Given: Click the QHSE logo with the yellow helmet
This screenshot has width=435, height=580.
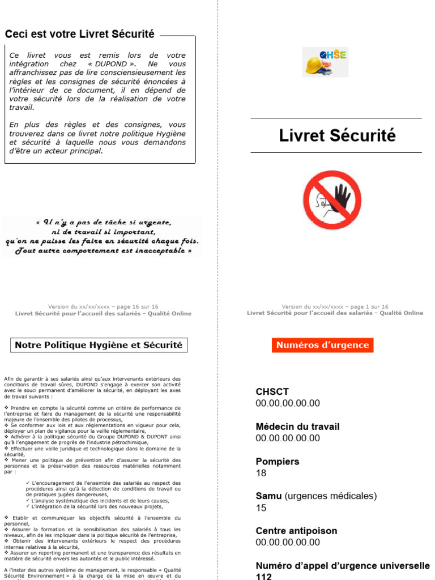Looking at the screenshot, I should (x=325, y=62).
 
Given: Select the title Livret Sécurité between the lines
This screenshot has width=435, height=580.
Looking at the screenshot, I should (x=337, y=136).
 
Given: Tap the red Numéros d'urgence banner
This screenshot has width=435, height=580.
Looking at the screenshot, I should (x=322, y=345).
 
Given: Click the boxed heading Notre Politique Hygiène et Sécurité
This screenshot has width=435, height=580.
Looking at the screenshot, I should (x=99, y=344).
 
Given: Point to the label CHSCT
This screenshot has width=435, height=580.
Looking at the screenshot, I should (x=272, y=391).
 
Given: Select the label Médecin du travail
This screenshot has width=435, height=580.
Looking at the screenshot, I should (x=297, y=427).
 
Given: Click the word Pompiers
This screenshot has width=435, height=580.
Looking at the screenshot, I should (x=278, y=461).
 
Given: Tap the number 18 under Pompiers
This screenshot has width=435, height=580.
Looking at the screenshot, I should (x=261, y=473).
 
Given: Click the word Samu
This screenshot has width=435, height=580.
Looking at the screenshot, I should (x=269, y=496).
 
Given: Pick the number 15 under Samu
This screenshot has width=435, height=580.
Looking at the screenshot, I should (x=261, y=508).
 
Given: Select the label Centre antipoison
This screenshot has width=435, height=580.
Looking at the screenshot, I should (x=296, y=531).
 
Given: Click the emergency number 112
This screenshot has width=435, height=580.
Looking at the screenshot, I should (x=264, y=576).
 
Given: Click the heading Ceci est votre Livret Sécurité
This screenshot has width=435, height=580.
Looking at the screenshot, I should (x=80, y=34).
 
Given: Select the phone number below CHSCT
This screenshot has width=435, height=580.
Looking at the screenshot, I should (x=288, y=403).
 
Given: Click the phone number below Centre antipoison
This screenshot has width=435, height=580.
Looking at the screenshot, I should (x=288, y=542).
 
